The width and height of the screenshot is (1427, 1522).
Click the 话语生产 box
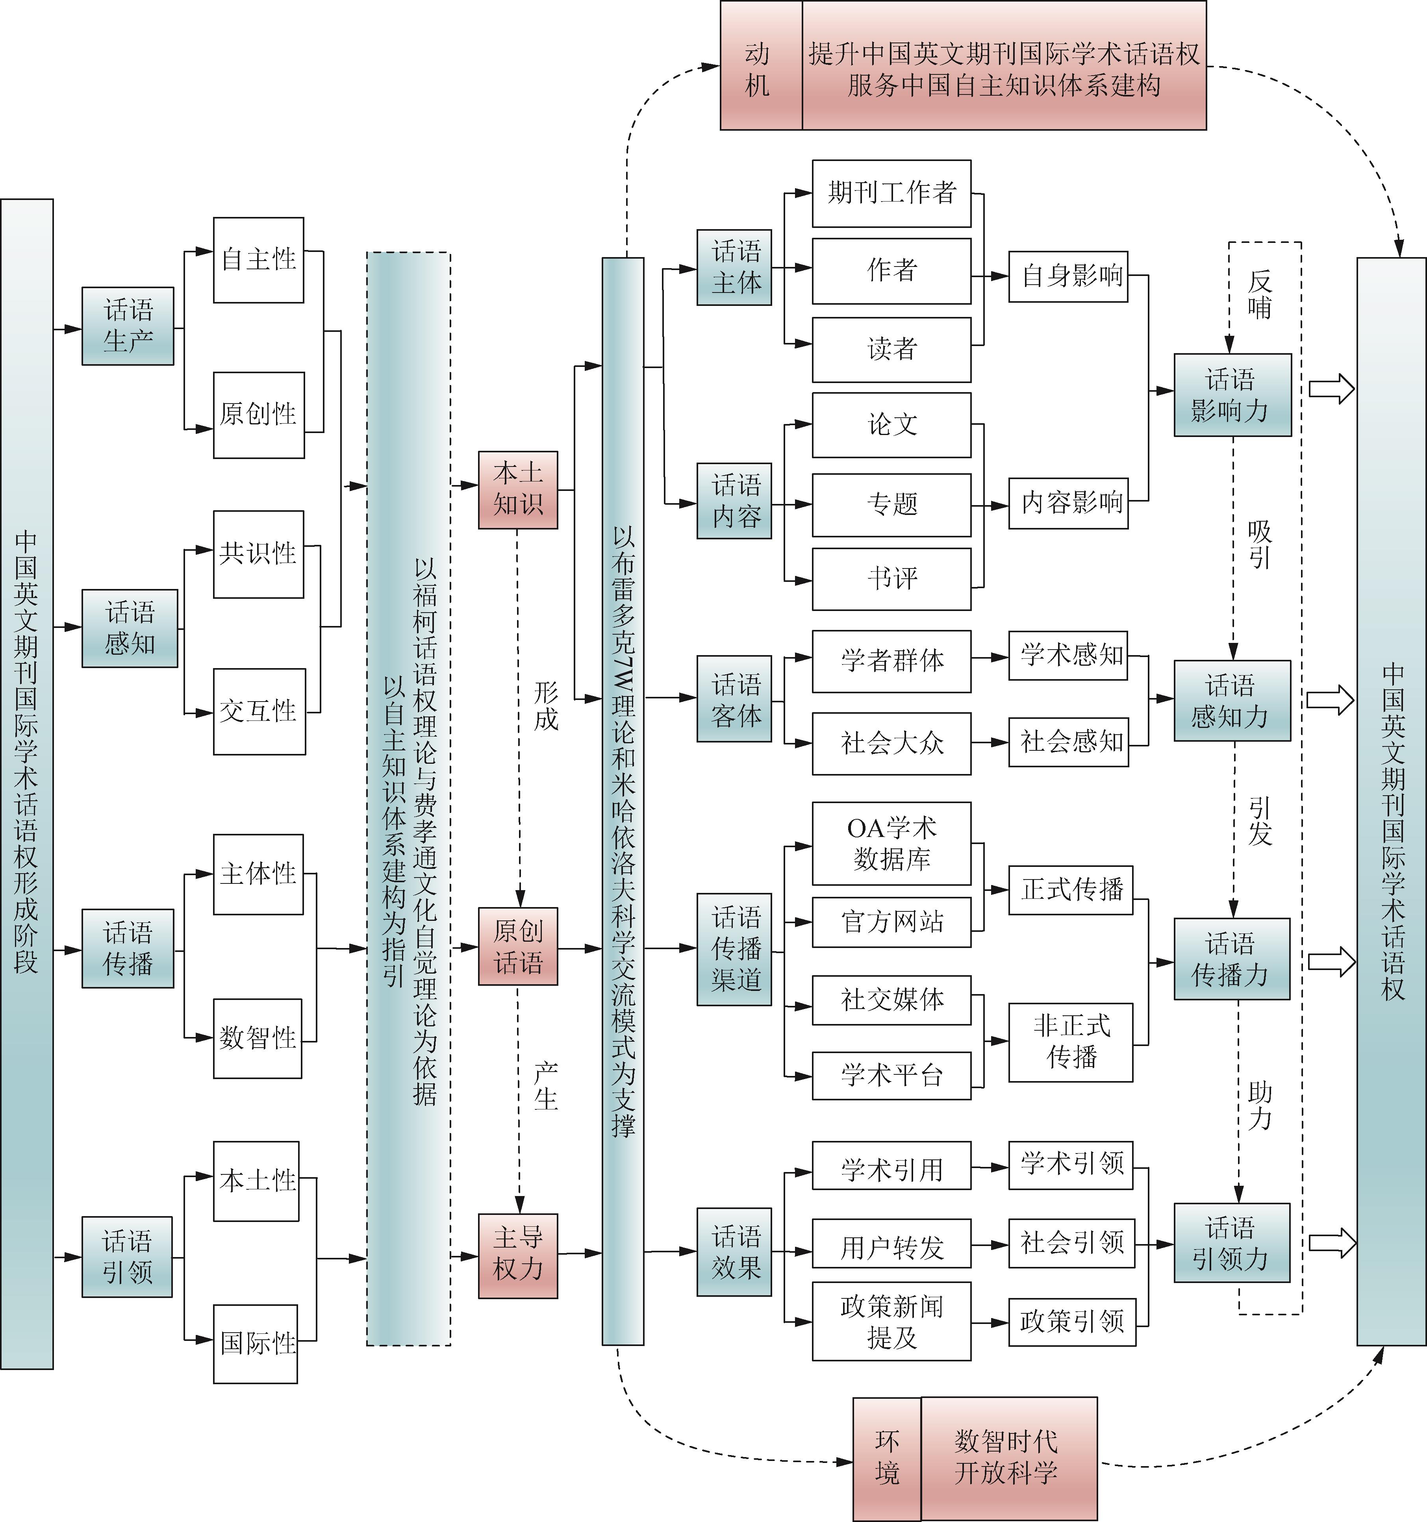tap(128, 326)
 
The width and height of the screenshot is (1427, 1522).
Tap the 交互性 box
tap(259, 711)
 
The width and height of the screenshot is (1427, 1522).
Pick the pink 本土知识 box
tap(517, 490)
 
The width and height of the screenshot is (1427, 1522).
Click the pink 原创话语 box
tap(517, 946)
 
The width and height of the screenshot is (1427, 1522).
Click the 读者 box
tap(891, 349)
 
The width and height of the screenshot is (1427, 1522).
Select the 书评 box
tap(891, 579)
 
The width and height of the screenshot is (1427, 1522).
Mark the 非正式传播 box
tap(1070, 1042)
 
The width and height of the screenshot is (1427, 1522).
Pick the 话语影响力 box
tap(1232, 395)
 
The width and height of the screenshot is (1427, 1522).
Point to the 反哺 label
tap(1259, 295)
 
